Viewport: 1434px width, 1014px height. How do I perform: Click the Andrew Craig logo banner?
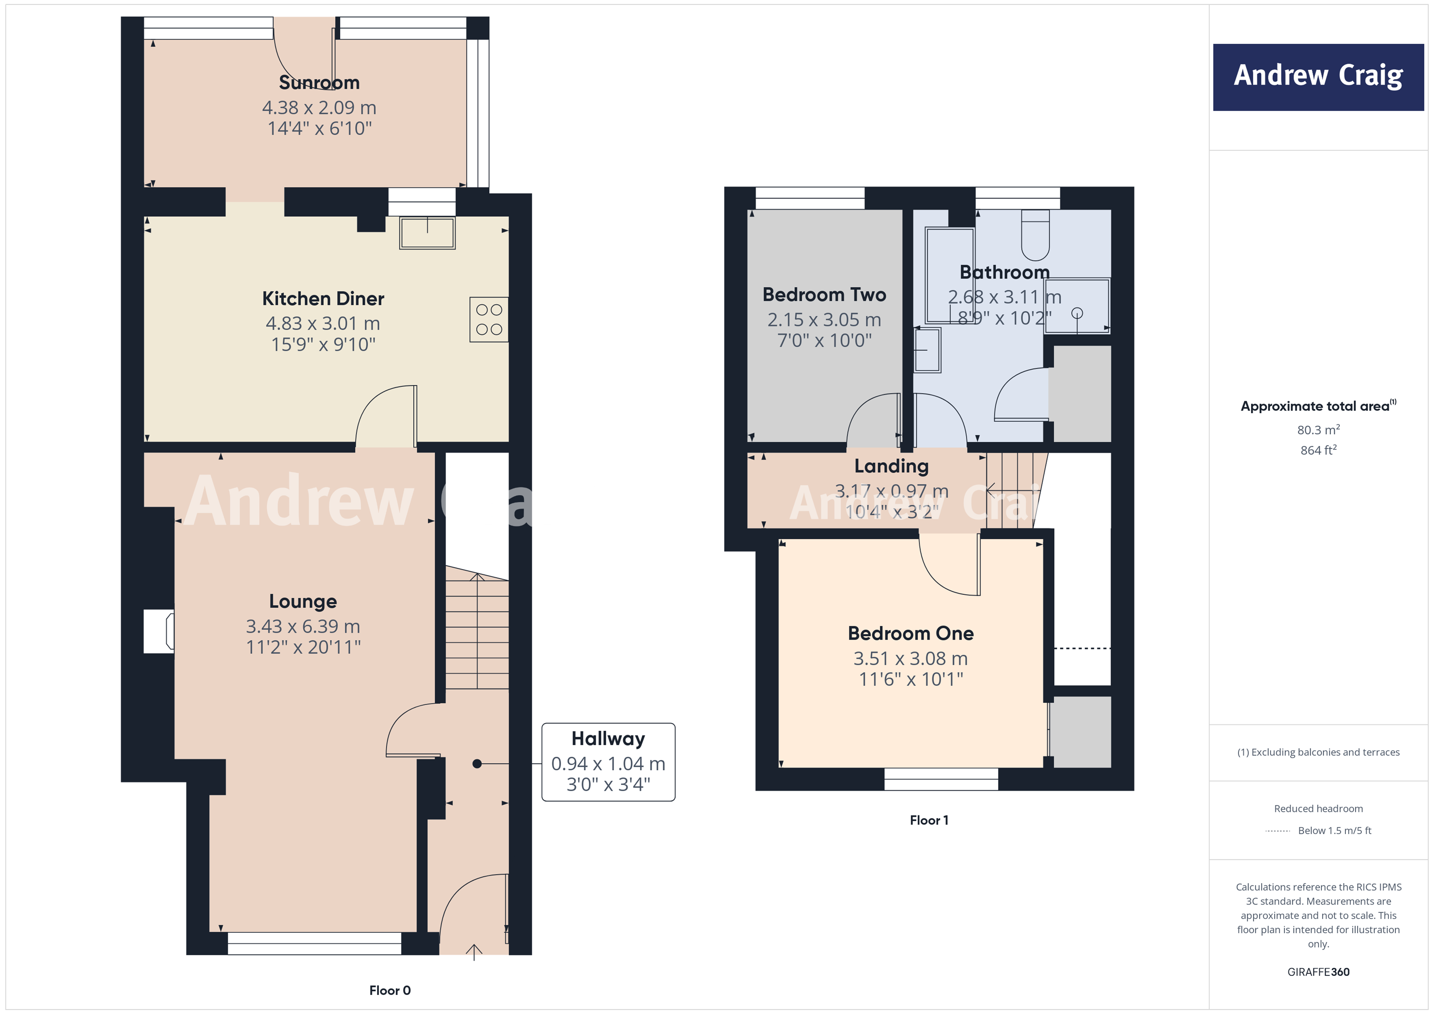point(1318,77)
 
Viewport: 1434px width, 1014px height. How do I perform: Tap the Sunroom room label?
point(319,83)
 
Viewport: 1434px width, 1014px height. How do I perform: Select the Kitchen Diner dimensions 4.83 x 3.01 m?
point(322,323)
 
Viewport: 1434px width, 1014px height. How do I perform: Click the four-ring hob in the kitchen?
point(488,319)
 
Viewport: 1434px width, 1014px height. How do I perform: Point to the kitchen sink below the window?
point(427,233)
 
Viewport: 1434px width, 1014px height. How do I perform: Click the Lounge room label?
point(303,601)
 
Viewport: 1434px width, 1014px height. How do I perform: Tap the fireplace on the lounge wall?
point(159,631)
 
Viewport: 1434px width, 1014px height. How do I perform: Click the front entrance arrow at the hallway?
point(474,951)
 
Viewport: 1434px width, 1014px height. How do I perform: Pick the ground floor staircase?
point(477,631)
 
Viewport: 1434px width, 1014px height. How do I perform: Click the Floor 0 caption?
point(390,990)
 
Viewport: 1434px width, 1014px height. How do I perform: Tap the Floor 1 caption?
point(929,820)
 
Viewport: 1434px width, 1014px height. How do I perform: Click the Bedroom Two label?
point(824,295)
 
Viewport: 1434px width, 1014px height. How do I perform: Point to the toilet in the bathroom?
point(1035,235)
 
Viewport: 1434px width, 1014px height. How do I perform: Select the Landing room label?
point(891,467)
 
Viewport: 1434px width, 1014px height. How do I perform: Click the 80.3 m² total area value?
point(1318,430)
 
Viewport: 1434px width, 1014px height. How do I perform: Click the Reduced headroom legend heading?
point(1318,809)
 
